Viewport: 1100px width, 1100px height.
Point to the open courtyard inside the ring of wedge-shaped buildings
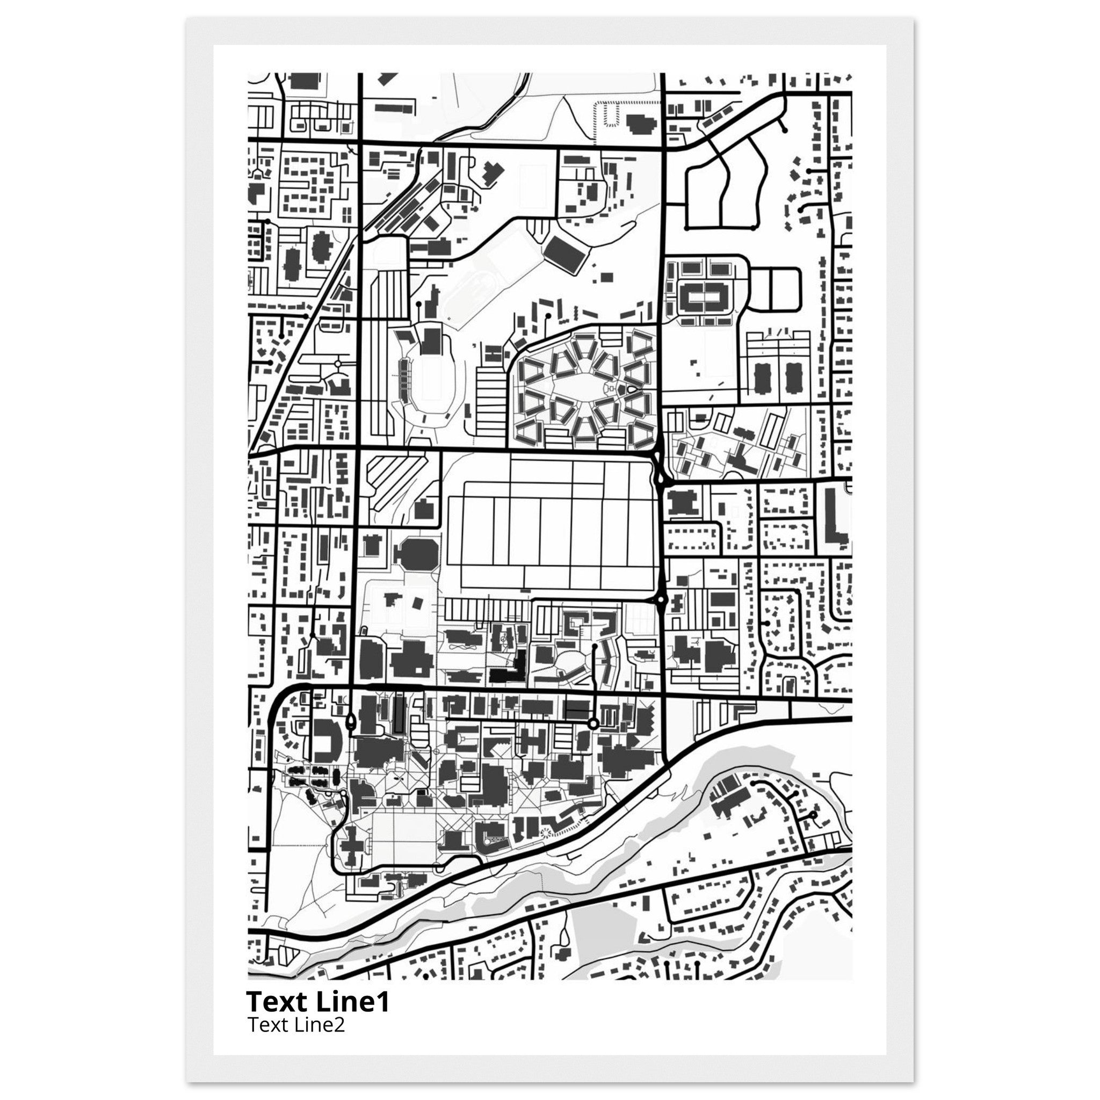[x=584, y=387]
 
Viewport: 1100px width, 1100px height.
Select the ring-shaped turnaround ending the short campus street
[x=593, y=723]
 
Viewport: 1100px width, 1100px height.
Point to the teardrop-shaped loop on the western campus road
[x=350, y=722]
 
